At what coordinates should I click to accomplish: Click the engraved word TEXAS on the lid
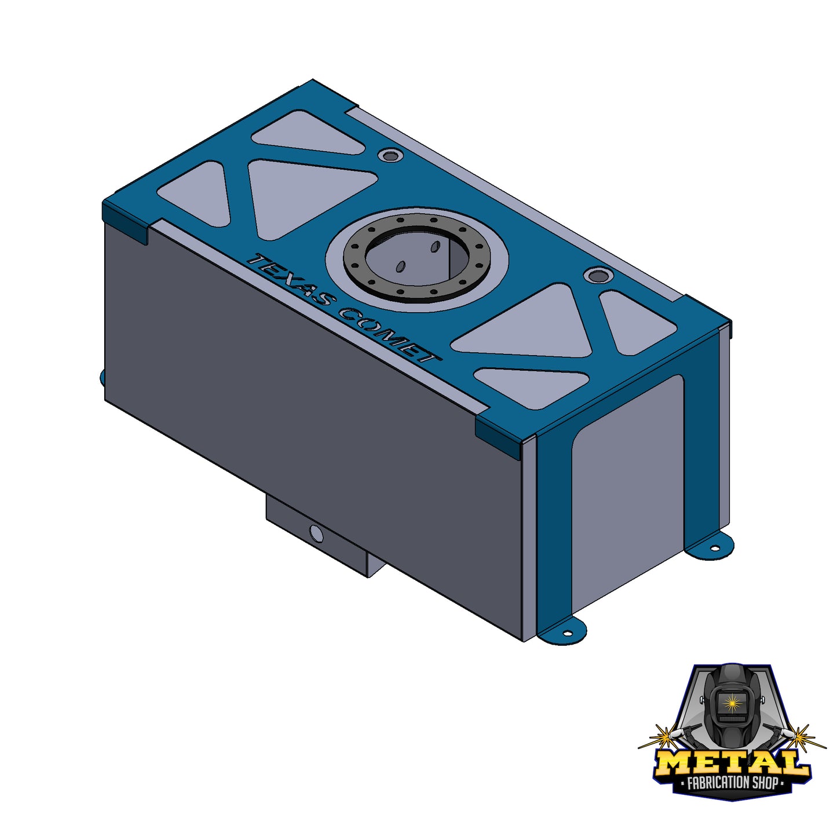290,280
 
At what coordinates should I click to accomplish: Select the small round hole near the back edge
391,155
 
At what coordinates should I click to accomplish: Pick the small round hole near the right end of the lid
595,275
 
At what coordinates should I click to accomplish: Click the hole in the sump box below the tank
316,533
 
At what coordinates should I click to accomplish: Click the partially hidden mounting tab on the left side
103,377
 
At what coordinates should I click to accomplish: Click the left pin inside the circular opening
400,267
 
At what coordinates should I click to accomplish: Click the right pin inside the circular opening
434,247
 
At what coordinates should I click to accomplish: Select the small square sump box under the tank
317,539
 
